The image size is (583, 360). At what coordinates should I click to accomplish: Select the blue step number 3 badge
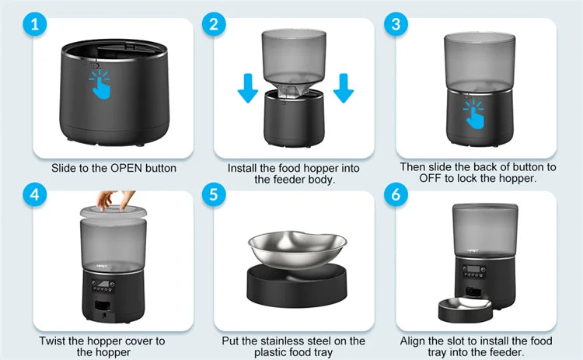point(396,24)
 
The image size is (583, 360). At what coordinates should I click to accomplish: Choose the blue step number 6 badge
point(396,195)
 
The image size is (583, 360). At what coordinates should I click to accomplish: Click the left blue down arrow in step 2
point(247,88)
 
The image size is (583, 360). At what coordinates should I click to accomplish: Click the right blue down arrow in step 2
point(343,88)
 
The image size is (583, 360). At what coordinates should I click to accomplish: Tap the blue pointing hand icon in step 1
point(100,86)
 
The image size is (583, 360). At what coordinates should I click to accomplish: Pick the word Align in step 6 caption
point(414,341)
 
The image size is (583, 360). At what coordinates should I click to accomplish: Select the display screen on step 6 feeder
point(473,273)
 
